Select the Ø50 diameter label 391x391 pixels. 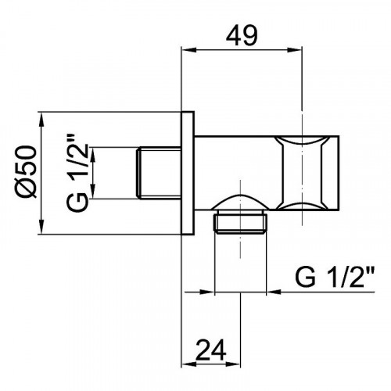click(24, 172)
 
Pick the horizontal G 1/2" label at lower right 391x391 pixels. click(337, 276)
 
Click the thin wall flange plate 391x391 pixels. click(187, 172)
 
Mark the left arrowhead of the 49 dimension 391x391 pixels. click(187, 52)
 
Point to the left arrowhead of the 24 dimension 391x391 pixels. click(187, 361)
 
